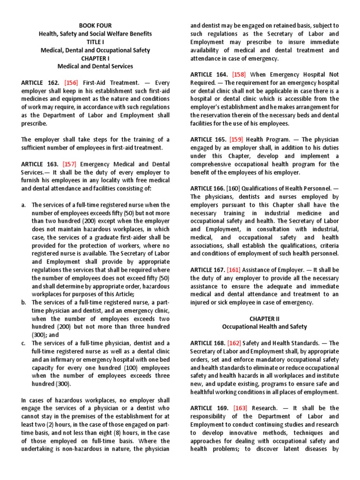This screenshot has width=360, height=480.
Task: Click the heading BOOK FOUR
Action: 95,25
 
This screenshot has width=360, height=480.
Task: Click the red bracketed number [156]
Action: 73,82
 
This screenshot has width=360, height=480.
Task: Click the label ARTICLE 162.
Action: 40,82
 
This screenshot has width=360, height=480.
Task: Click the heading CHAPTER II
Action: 264,318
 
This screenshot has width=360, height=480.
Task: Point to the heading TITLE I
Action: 95,42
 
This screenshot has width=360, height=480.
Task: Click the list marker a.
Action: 23,205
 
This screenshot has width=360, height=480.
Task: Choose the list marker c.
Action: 23,343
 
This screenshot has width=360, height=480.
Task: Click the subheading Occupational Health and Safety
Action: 264,327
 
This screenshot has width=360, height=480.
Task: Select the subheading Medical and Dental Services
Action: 95,66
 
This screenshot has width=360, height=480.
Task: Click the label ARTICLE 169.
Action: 209,408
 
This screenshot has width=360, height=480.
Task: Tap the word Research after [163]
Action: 265,408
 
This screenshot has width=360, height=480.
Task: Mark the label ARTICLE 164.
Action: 209,74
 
